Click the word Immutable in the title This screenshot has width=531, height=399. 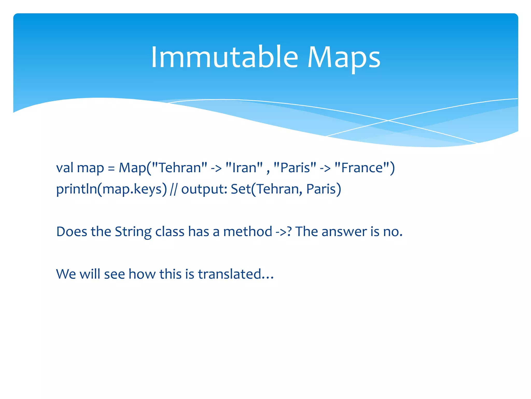tap(225, 57)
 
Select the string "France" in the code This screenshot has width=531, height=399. tap(362, 168)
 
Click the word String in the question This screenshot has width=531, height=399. tap(133, 232)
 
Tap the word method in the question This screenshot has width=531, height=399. tap(247, 232)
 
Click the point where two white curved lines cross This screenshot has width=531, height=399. tap(388, 121)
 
